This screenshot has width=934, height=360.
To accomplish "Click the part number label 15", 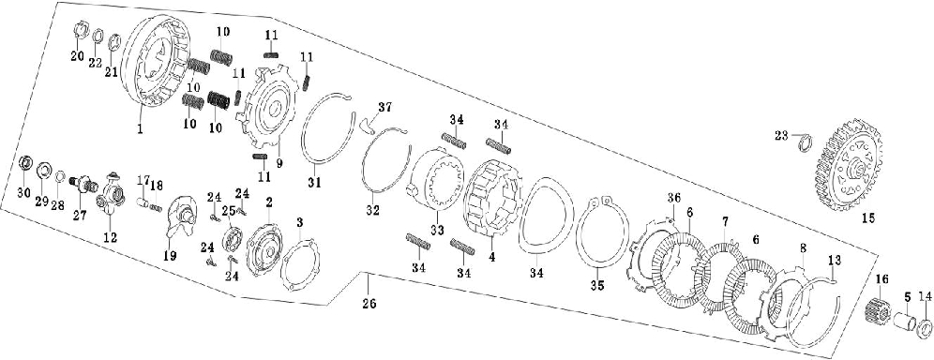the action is point(867,218).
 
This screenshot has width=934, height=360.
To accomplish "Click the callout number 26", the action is point(369,304).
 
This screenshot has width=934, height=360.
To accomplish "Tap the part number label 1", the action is point(141,128).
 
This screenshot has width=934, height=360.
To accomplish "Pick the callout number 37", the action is point(385,107).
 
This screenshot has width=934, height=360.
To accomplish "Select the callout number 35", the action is point(597,286).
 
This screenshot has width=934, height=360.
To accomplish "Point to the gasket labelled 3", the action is point(300,263).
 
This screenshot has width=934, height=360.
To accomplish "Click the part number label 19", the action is point(170,257).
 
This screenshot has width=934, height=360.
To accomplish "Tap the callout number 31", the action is point(314,183).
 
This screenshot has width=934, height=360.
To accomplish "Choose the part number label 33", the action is point(438,230).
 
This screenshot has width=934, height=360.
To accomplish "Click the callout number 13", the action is point(836,260).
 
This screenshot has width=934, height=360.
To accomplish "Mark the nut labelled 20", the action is point(82,30).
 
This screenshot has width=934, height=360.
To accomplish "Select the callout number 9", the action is point(279,162).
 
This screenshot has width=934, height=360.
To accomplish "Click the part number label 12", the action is point(111,238).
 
